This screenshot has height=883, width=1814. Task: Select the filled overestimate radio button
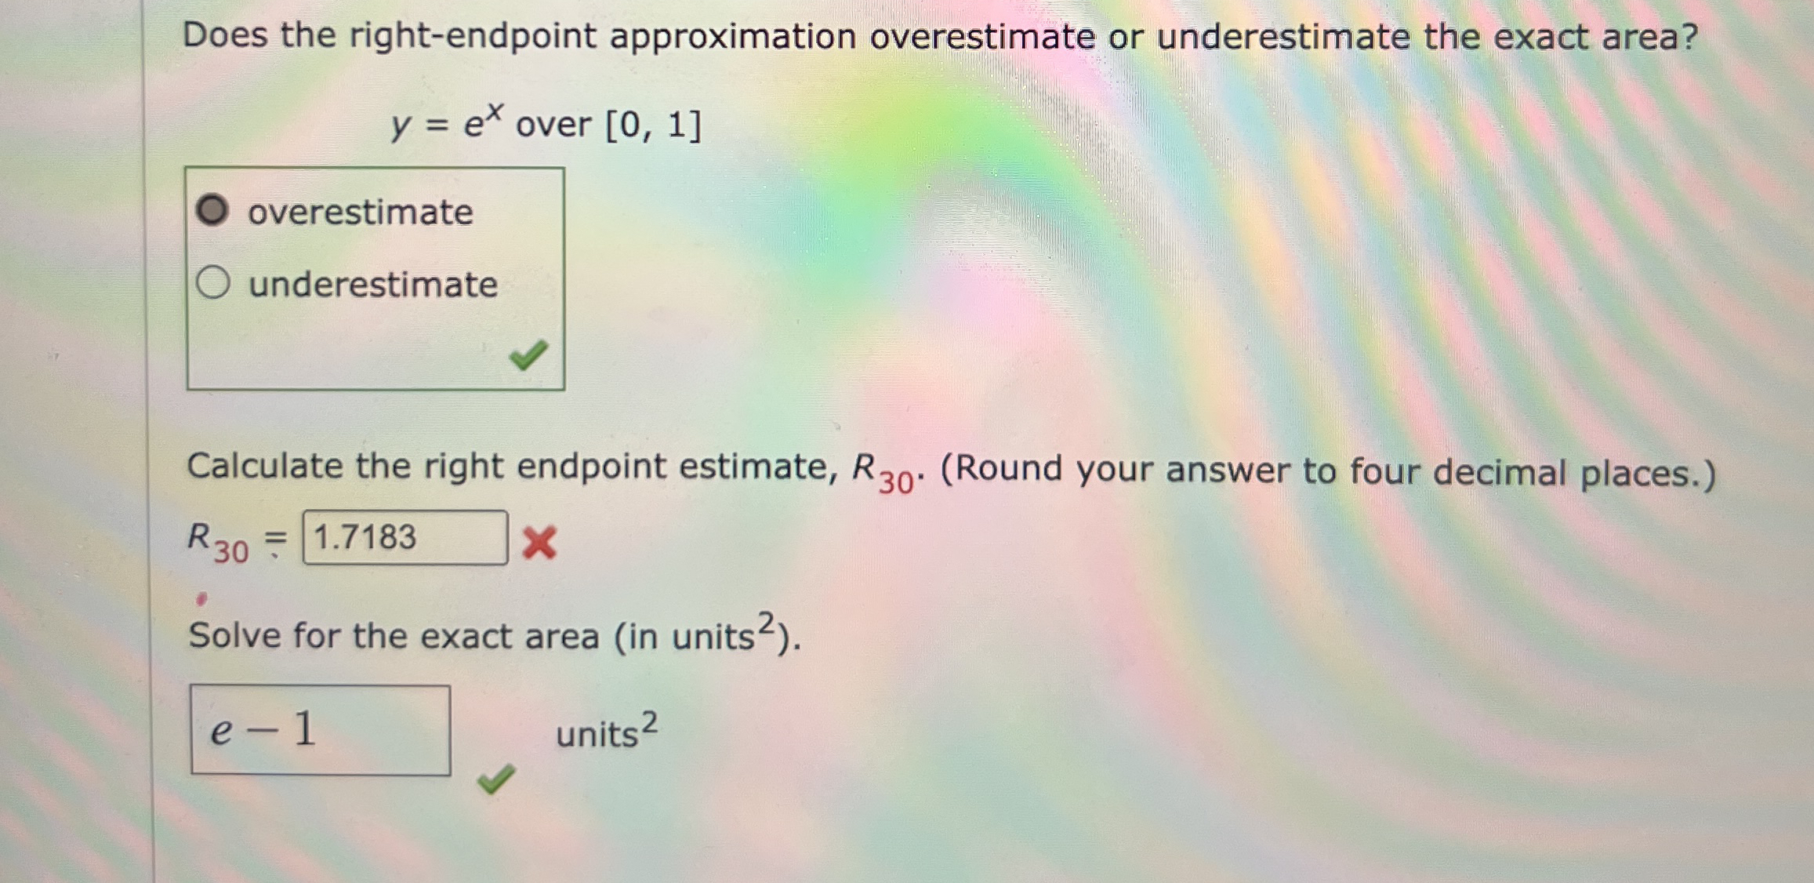coord(212,210)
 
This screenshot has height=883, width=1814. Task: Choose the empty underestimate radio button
coord(212,282)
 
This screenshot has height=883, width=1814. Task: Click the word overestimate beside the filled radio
coord(360,212)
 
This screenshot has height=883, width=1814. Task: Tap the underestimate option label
coord(372,284)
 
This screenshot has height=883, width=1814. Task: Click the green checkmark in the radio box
coord(528,355)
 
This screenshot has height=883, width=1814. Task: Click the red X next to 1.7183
coord(539,543)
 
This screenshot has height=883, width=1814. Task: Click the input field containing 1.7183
coord(405,538)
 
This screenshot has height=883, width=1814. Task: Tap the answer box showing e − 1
coord(320,730)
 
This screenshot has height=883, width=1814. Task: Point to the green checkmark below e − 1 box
coord(495,779)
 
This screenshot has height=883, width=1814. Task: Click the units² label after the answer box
coord(606,731)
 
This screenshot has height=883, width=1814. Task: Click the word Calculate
coord(264,466)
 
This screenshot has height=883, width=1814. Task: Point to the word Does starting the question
coord(224,35)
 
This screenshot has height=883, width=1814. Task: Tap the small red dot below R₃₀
coord(201,600)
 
